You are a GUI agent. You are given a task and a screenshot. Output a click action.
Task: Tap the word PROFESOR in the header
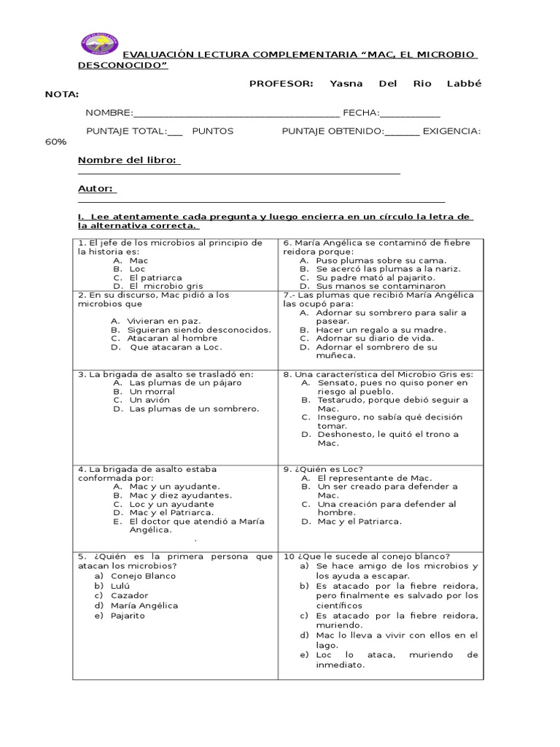[281, 83]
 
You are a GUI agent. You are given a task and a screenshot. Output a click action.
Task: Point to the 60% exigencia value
[55, 142]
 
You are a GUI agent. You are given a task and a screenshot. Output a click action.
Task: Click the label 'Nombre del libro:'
[129, 160]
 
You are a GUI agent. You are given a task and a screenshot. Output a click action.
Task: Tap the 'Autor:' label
[97, 188]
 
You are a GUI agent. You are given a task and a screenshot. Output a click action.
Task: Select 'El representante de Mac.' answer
[369, 478]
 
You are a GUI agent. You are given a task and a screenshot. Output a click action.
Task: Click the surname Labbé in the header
[464, 83]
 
